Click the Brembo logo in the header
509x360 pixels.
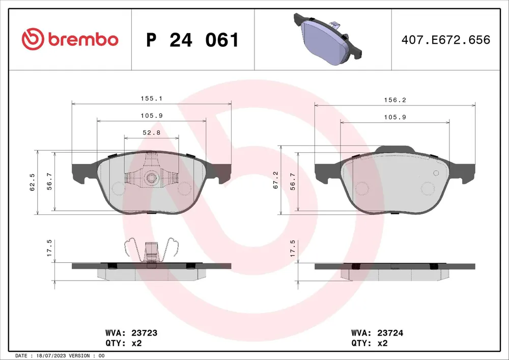coord(70,39)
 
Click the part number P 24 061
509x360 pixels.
coord(192,40)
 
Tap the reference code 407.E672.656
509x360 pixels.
coord(446,40)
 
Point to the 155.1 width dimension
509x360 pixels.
coord(151,98)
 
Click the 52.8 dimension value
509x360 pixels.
coord(152,132)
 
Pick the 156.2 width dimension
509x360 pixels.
coord(395,100)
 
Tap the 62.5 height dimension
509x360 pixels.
coord(32,182)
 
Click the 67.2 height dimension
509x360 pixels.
coord(275,180)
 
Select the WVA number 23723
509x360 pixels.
coord(144,333)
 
